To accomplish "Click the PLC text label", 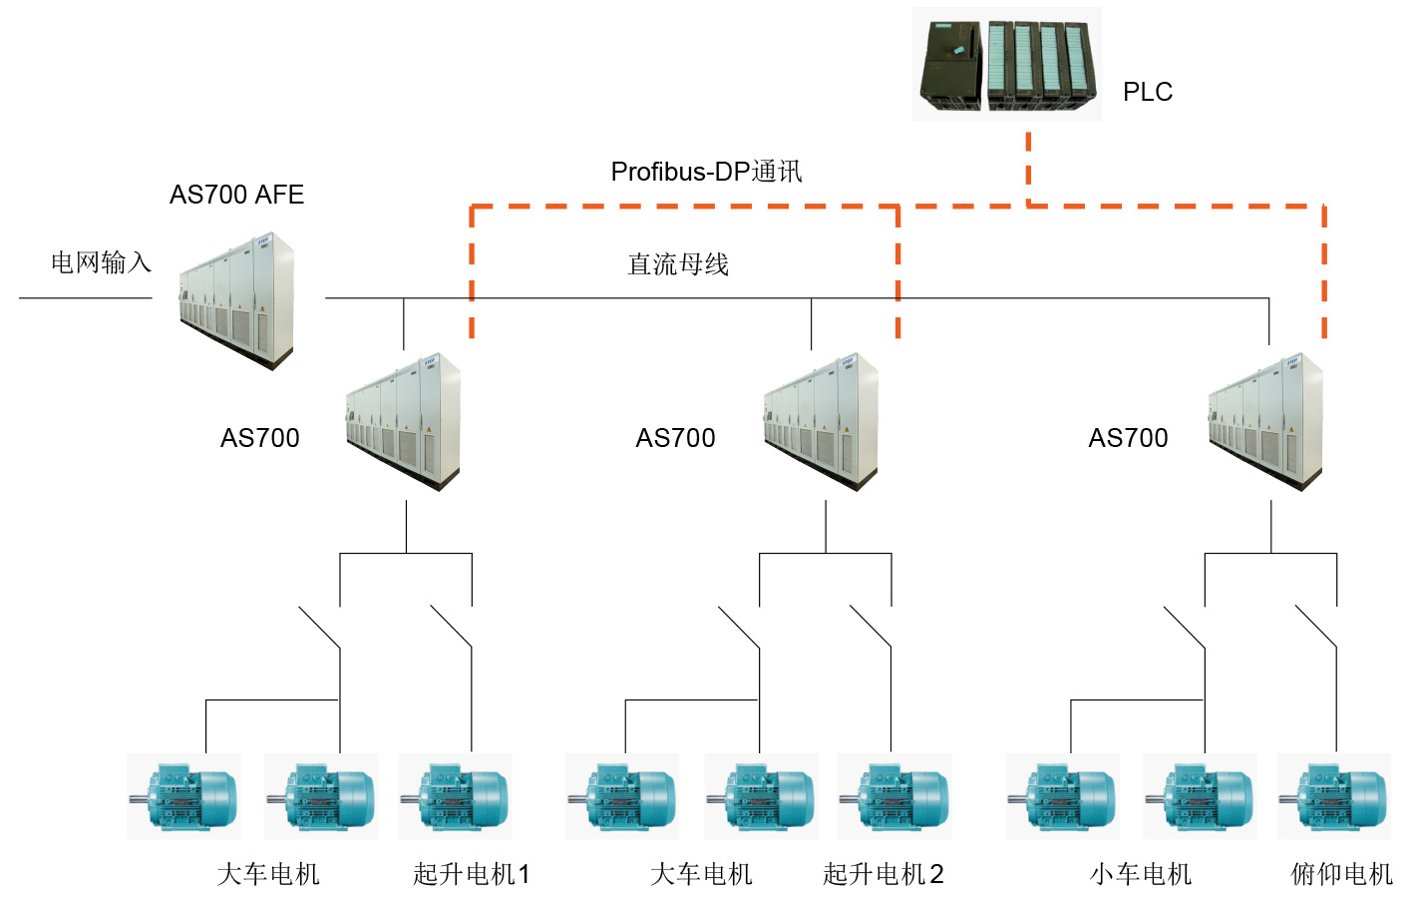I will [x=1147, y=92].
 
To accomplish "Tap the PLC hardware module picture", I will [x=1007, y=65].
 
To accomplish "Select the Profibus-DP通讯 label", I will [x=706, y=172].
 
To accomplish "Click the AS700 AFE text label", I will [x=236, y=195].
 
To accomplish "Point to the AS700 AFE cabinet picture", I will [x=237, y=300].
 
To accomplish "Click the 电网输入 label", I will [x=101, y=262].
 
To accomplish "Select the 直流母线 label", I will [x=678, y=264].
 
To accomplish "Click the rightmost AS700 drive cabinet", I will [x=1265, y=420].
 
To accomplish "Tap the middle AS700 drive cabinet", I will [x=821, y=420].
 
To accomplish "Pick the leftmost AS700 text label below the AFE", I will [x=259, y=438].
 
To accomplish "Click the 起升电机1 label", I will [x=472, y=875].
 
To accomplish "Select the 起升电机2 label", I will [x=884, y=875].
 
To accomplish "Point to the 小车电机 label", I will [x=1141, y=875].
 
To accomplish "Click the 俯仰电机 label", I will [x=1341, y=875].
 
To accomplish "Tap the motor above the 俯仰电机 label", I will [x=1334, y=796].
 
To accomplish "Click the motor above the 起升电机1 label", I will [x=455, y=796].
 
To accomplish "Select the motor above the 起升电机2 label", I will [x=894, y=796].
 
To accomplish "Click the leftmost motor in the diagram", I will [x=183, y=796].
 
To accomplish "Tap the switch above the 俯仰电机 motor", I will [x=1316, y=627].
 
